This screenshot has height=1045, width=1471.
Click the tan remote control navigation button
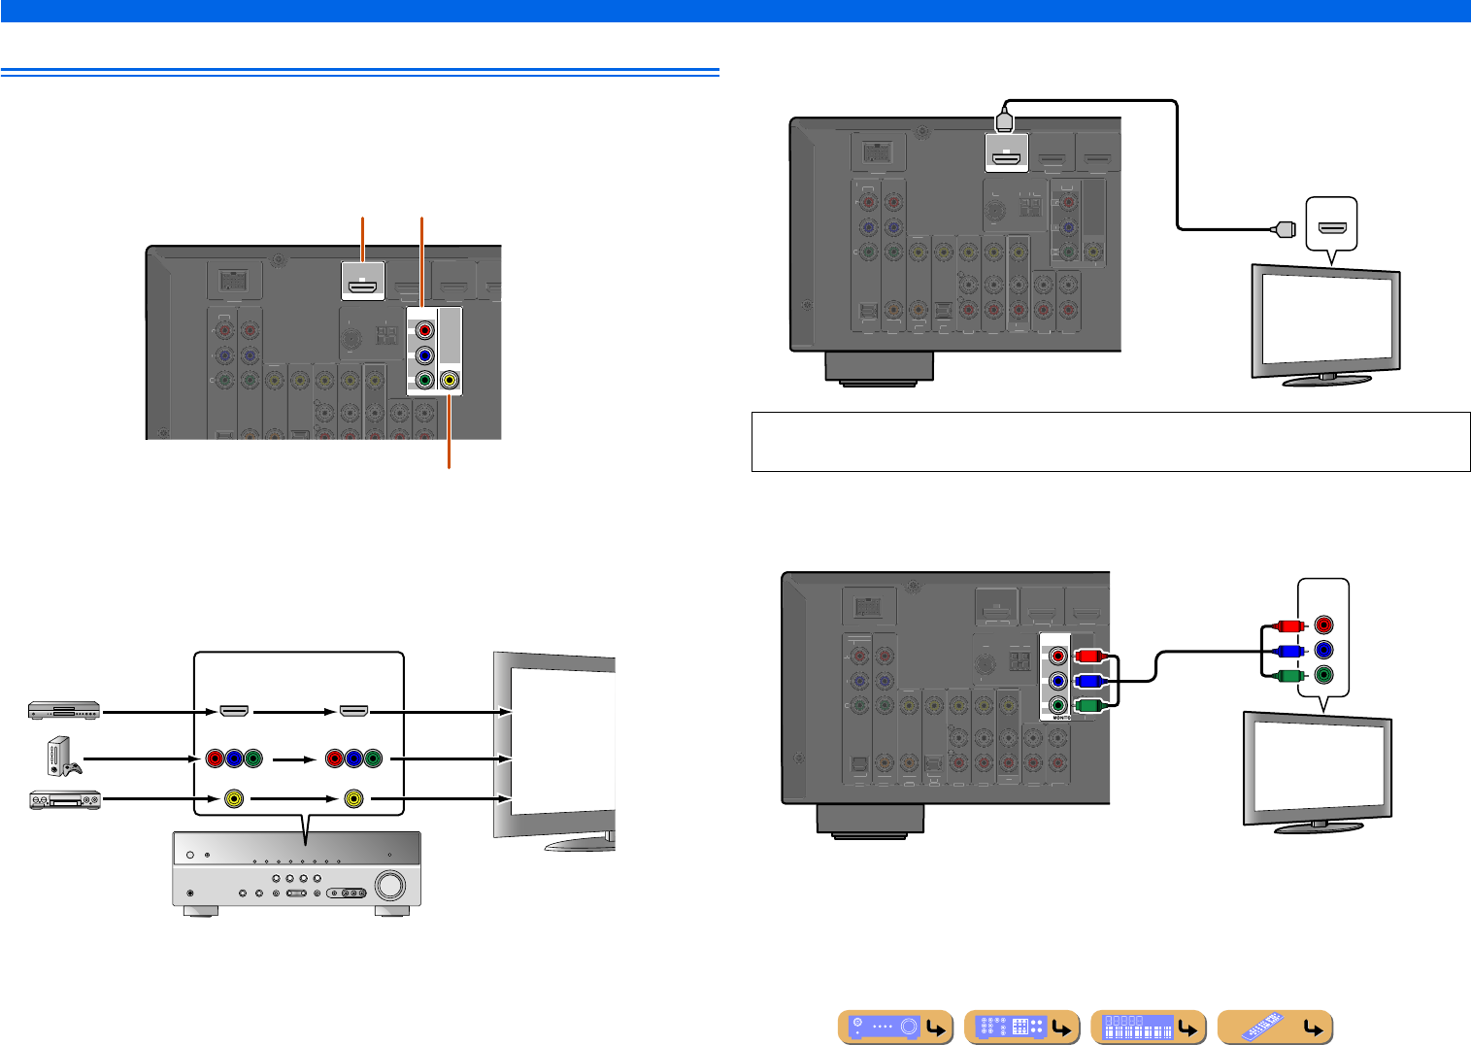(x=1275, y=1027)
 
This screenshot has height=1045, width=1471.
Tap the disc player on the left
(x=64, y=711)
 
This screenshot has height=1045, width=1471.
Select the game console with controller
(x=62, y=757)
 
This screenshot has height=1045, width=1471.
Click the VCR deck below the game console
(x=64, y=800)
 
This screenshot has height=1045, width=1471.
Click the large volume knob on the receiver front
(x=389, y=885)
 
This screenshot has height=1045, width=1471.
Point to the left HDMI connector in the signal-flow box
(x=234, y=712)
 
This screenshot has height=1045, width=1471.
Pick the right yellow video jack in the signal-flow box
(x=352, y=799)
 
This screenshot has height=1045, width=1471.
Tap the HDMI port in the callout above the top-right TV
(x=1332, y=230)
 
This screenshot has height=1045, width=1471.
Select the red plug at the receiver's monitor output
(x=1087, y=657)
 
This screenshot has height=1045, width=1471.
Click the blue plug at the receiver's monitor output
(x=1087, y=682)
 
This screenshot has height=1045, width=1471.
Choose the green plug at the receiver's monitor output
(x=1087, y=706)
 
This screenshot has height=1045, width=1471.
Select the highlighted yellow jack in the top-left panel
(x=449, y=381)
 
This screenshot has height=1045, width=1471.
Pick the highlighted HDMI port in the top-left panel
(x=363, y=287)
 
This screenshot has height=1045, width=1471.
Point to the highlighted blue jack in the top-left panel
(x=424, y=355)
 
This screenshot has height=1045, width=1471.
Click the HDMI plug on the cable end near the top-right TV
(x=1283, y=230)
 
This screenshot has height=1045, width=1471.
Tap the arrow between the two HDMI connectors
(x=290, y=712)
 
